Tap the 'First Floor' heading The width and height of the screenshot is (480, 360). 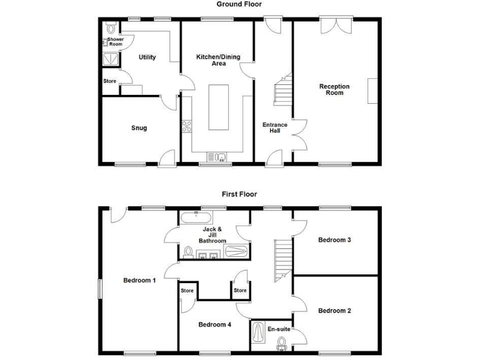(x=239, y=194)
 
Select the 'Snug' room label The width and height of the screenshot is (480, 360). (x=139, y=128)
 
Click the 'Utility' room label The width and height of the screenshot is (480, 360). (x=147, y=57)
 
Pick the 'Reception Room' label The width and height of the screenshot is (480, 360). (x=334, y=89)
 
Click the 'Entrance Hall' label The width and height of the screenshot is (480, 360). (x=274, y=127)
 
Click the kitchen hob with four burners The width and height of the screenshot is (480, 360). (x=186, y=126)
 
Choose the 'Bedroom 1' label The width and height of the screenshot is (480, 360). (x=139, y=280)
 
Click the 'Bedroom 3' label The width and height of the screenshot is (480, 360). (x=334, y=239)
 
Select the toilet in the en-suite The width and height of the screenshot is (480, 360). (x=282, y=341)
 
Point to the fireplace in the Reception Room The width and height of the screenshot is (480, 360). (x=372, y=91)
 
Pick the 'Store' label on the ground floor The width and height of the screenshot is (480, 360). (x=110, y=81)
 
